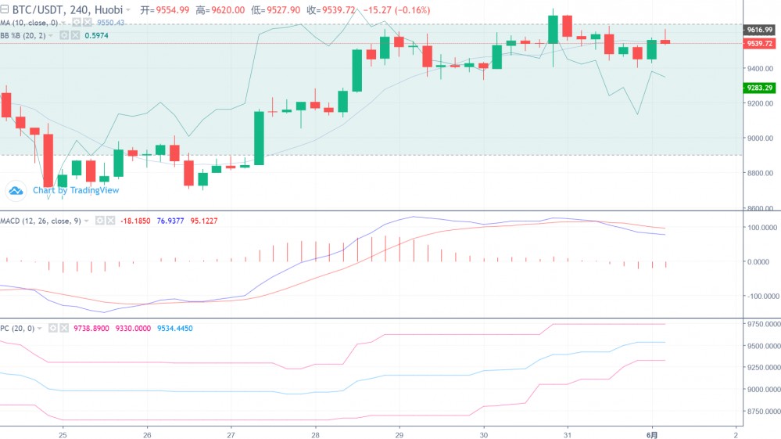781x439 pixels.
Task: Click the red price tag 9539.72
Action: point(759,44)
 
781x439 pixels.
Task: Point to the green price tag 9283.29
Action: point(759,88)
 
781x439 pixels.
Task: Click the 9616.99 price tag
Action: point(759,30)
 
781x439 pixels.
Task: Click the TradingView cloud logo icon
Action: point(16,190)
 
